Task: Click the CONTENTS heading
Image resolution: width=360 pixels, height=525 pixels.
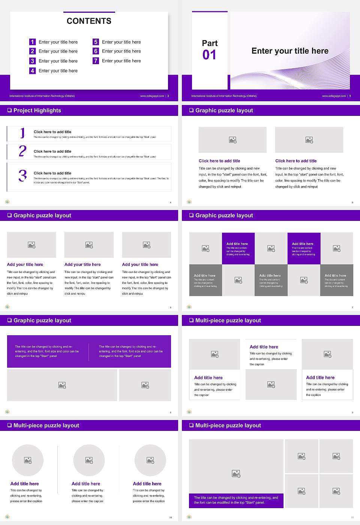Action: (x=89, y=21)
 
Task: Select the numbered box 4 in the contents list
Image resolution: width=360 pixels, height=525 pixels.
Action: (x=33, y=70)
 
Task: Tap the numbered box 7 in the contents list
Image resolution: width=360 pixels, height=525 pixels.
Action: (x=96, y=61)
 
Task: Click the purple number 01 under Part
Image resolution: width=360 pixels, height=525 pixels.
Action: (x=209, y=55)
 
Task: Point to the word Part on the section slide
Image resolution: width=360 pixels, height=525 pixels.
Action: (x=210, y=43)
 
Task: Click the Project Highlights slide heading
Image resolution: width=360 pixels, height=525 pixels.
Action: (x=37, y=110)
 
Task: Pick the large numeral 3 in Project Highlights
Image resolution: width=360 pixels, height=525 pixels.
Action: (x=23, y=175)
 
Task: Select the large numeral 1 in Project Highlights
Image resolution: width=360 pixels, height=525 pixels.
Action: (x=22, y=133)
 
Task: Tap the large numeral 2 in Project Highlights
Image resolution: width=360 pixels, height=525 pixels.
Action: (x=22, y=151)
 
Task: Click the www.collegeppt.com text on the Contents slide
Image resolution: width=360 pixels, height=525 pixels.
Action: (x=152, y=96)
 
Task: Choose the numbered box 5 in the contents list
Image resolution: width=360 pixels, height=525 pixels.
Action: (x=96, y=42)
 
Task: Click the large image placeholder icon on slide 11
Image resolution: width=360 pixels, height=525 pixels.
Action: (x=236, y=474)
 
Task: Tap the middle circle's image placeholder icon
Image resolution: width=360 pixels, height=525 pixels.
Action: (x=89, y=460)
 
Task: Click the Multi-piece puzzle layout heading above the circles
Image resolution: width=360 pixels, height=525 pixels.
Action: (x=46, y=425)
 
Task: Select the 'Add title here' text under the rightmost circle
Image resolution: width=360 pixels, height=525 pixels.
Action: (x=147, y=484)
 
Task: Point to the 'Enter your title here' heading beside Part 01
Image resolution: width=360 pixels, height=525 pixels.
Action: (x=290, y=51)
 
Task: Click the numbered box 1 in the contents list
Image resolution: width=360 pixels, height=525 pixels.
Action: (x=33, y=42)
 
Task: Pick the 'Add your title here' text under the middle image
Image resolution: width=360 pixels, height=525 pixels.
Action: (x=82, y=264)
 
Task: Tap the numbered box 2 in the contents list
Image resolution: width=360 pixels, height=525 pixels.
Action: (x=33, y=51)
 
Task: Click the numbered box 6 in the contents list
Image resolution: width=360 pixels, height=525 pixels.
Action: (x=96, y=51)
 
